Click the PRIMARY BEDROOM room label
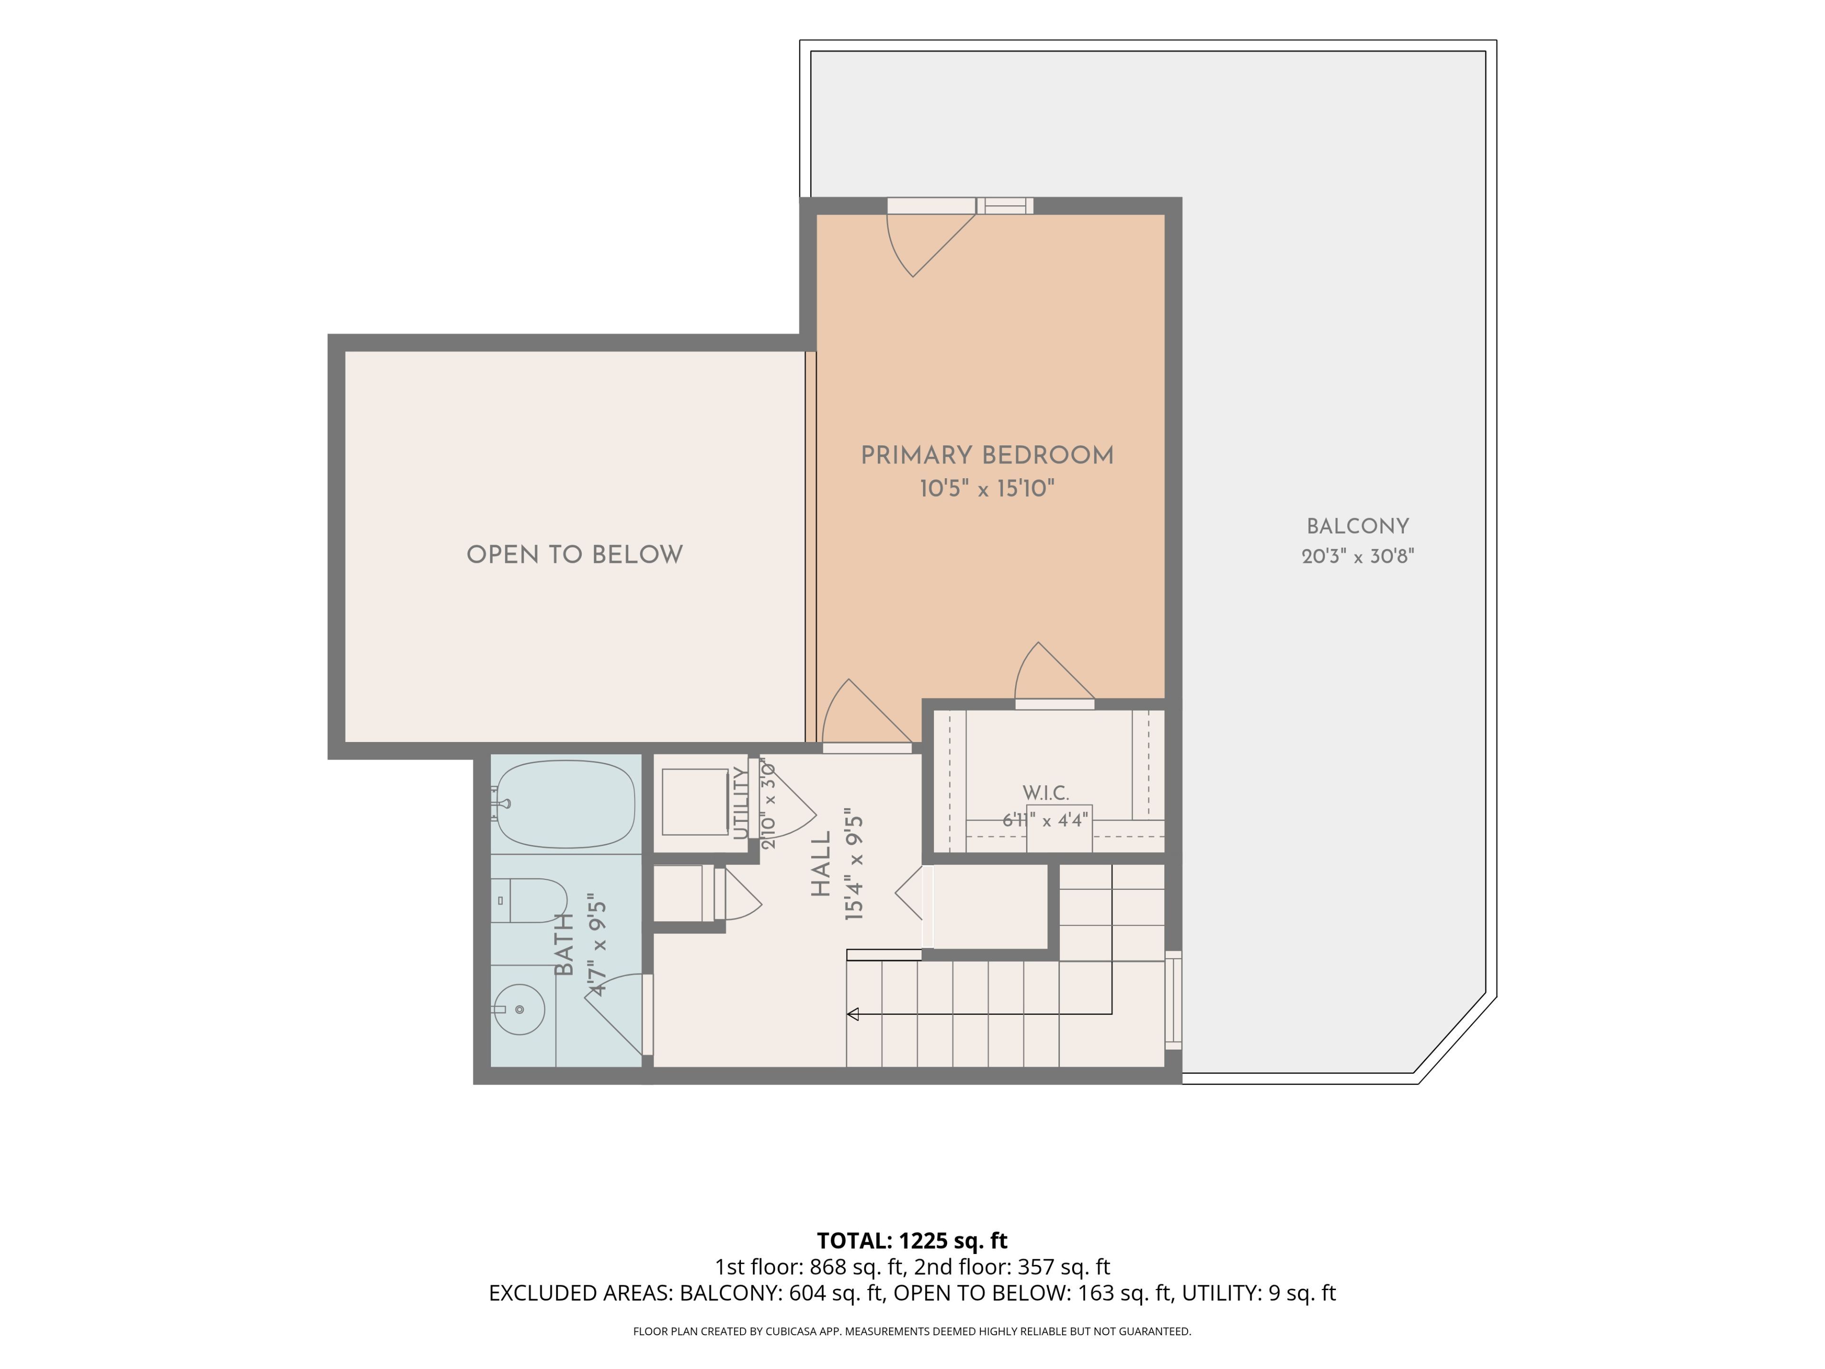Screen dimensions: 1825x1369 coord(987,455)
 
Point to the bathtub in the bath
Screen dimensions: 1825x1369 coord(566,805)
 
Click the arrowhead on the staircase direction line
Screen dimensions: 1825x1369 coord(853,1014)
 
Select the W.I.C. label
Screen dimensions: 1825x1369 coord(1045,793)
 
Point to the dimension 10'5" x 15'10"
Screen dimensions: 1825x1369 coord(987,489)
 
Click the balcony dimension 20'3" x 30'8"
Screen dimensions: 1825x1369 coord(1357,556)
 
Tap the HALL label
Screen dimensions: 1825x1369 coord(821,864)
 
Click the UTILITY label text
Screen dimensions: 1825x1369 coord(741,803)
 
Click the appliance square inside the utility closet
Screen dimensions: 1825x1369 coord(695,802)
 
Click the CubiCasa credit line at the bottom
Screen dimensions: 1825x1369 coord(912,1331)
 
